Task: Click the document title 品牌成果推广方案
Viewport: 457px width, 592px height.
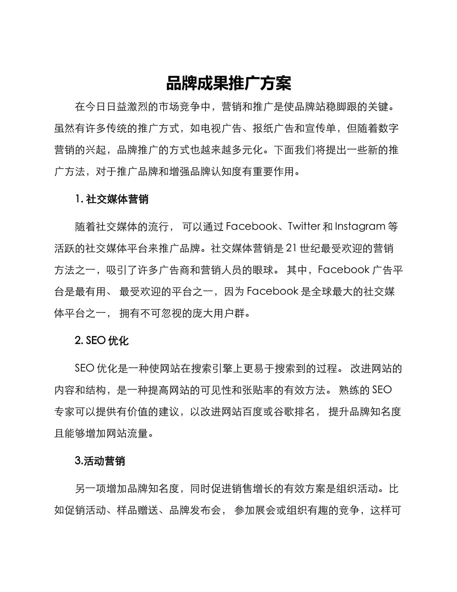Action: [228, 84]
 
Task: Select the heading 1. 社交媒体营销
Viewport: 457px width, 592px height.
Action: [112, 199]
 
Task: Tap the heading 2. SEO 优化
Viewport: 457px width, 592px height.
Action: [102, 341]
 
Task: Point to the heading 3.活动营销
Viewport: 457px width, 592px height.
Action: [100, 461]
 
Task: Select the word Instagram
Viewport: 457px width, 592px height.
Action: [359, 226]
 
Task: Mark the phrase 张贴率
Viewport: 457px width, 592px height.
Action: [271, 390]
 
